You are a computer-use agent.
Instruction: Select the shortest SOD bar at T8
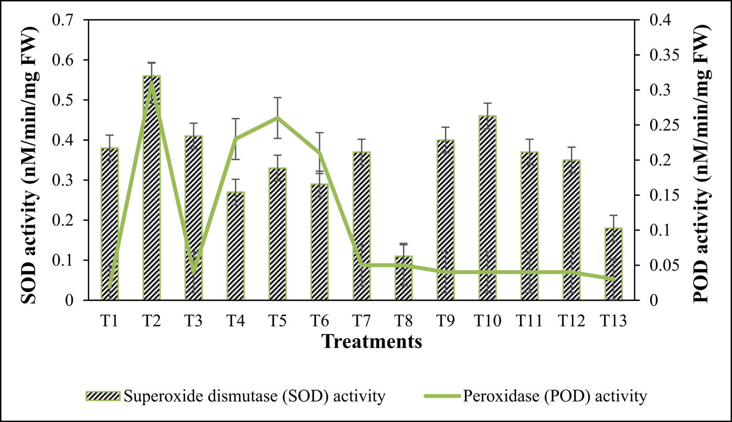tap(404, 278)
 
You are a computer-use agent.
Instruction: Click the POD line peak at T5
tap(278, 117)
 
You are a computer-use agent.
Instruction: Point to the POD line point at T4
tap(236, 139)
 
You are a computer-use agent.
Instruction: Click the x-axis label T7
tap(362, 320)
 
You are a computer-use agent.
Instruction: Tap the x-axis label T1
tap(110, 320)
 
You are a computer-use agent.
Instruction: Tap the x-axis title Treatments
tap(372, 341)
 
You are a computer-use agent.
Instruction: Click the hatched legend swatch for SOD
tap(103, 396)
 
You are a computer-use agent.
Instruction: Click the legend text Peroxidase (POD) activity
tap(555, 396)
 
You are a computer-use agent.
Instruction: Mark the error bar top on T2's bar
tap(152, 63)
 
